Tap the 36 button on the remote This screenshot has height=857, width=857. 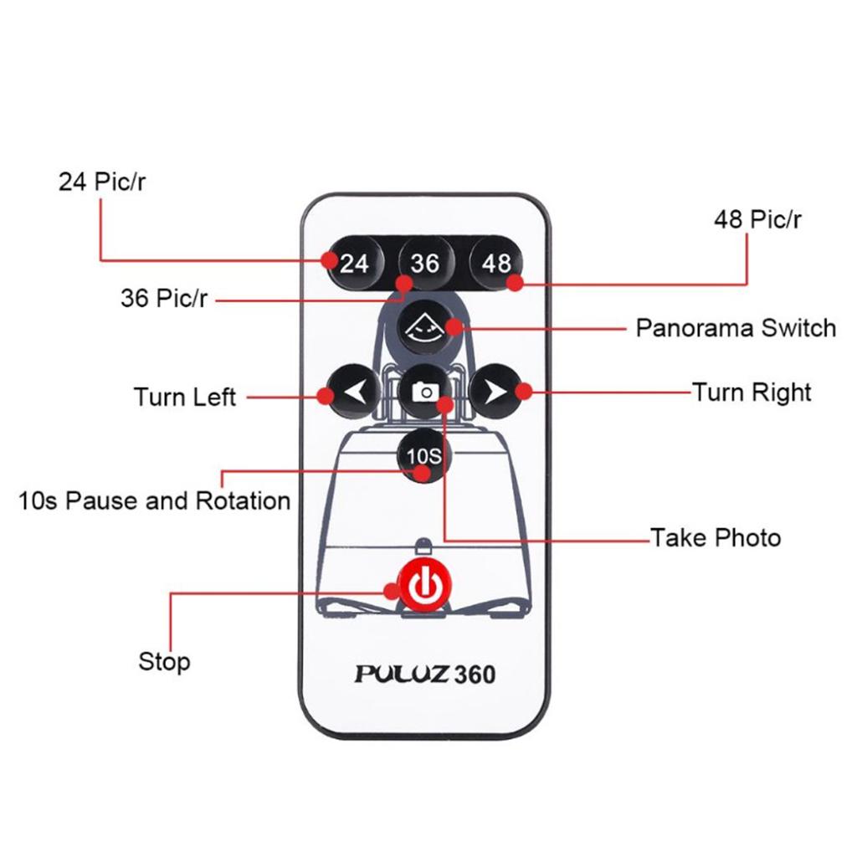(x=424, y=263)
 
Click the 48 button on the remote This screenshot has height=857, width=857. (x=495, y=263)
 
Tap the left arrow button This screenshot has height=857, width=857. (x=353, y=391)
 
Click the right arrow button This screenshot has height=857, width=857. (x=495, y=391)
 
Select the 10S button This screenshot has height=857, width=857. (x=423, y=456)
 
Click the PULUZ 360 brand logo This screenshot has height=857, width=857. (x=424, y=674)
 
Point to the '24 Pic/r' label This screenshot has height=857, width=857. (x=101, y=182)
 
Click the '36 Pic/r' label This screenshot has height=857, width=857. (x=163, y=298)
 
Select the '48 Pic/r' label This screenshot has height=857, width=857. (x=757, y=220)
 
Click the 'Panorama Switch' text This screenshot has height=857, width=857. (x=736, y=327)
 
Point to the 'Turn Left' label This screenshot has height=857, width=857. (x=185, y=396)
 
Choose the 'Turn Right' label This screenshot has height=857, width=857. (x=752, y=392)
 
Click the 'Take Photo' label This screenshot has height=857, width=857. (x=716, y=537)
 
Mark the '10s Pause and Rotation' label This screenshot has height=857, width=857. (x=155, y=501)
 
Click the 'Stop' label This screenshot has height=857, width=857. (x=164, y=662)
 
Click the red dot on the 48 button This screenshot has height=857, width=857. (x=516, y=283)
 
